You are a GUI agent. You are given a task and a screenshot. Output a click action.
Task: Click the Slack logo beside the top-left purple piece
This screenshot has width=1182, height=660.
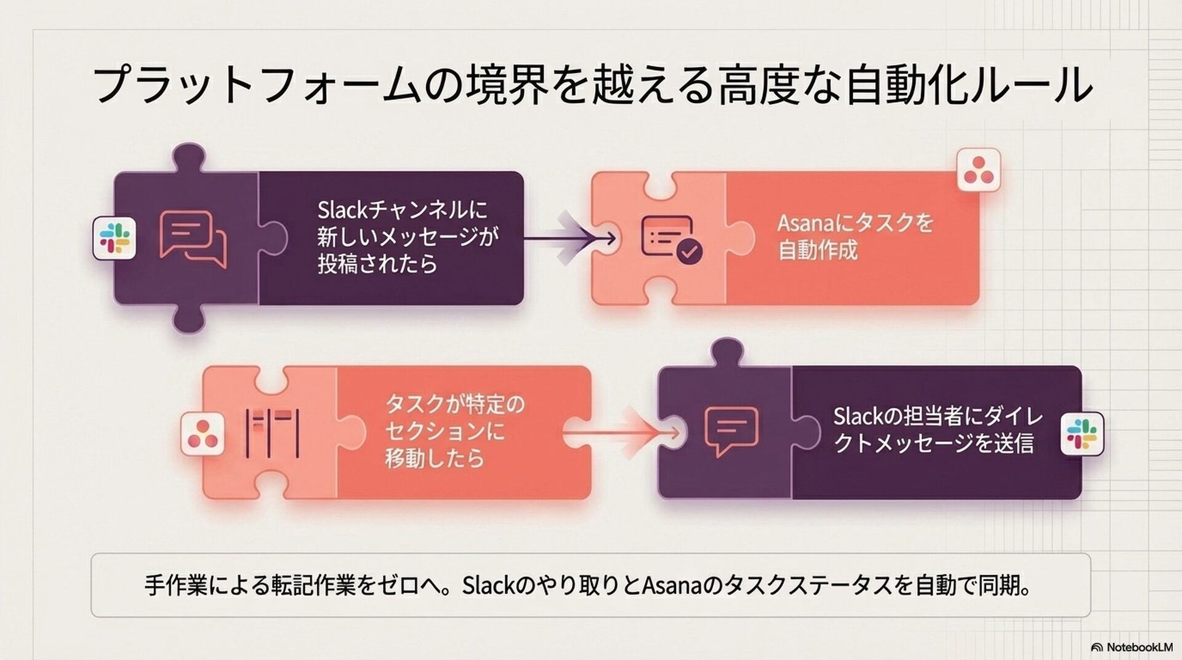click(115, 238)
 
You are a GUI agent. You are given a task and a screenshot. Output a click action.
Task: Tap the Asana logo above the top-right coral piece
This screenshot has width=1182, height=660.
click(979, 170)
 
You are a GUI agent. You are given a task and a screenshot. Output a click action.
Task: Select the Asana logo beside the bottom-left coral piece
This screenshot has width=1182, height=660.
click(203, 434)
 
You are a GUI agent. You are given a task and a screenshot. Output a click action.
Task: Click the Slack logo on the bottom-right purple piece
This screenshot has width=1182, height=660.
click(1082, 433)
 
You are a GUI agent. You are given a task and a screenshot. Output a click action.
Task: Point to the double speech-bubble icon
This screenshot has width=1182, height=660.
click(193, 239)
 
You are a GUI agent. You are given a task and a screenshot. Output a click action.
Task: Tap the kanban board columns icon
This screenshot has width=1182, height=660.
click(272, 434)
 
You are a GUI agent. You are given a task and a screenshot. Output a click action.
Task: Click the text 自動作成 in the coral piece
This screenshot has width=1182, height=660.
click(818, 251)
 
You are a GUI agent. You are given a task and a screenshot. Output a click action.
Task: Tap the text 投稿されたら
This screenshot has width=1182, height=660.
click(377, 264)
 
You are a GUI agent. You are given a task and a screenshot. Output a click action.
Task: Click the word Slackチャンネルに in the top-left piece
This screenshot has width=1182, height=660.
click(402, 211)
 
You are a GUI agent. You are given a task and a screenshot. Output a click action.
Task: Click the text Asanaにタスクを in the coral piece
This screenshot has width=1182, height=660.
click(855, 223)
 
